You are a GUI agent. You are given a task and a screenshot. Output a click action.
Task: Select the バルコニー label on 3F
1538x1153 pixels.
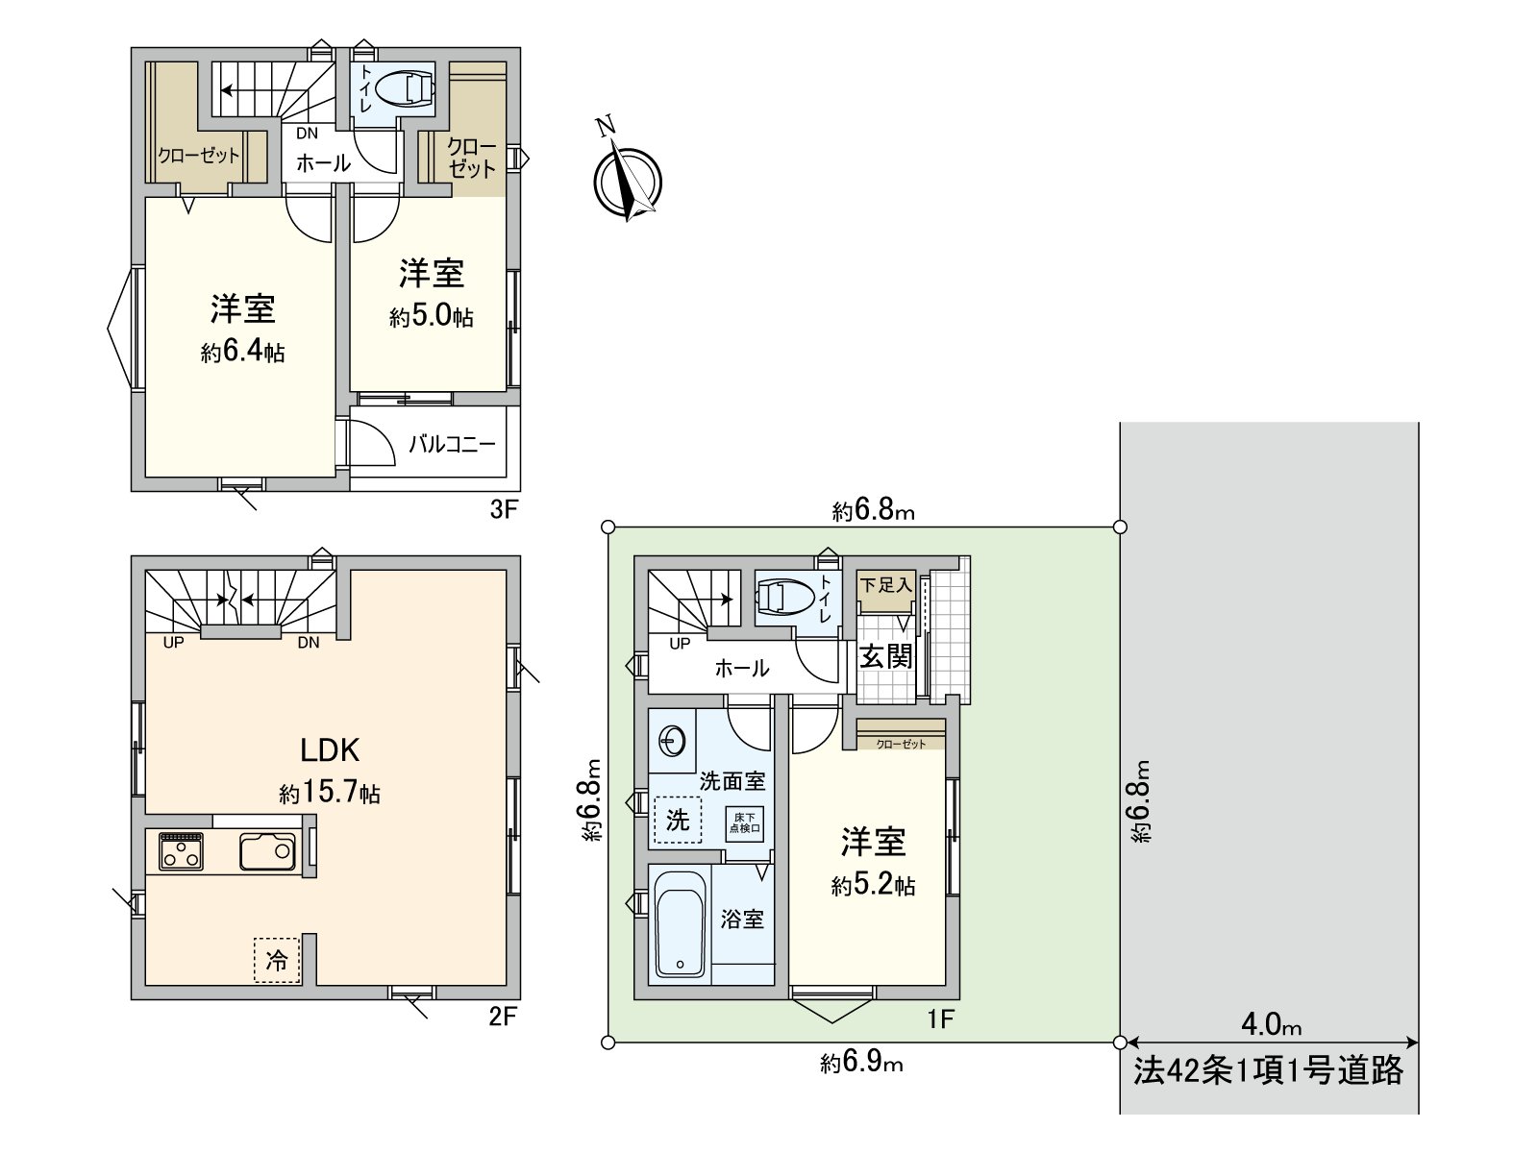(452, 444)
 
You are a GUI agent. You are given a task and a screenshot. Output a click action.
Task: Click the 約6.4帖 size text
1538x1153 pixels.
(242, 353)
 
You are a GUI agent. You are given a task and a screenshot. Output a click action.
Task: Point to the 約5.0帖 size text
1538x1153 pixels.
(431, 317)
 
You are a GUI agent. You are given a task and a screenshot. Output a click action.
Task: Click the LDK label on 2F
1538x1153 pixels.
(330, 750)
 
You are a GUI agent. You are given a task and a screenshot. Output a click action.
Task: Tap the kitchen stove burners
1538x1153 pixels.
(181, 851)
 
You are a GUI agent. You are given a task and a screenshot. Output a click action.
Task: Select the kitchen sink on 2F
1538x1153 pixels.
(267, 851)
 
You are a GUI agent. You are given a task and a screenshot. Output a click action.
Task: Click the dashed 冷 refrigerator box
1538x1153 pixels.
(277, 960)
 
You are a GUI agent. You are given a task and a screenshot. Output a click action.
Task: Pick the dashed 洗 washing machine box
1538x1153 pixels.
(678, 821)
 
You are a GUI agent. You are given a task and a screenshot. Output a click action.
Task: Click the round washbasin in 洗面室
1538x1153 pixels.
(672, 741)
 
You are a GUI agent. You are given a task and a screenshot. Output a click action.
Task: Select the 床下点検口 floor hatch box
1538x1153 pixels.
(744, 823)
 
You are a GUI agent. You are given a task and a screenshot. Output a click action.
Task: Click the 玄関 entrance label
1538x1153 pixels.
(885, 656)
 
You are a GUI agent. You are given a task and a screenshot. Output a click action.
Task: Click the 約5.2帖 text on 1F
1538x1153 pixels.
(873, 886)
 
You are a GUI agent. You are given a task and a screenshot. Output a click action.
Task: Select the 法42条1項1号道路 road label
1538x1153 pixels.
(1268, 1070)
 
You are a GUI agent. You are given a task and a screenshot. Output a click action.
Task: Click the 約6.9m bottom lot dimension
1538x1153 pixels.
(861, 1063)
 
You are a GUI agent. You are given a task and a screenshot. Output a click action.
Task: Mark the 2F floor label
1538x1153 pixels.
(503, 1016)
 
